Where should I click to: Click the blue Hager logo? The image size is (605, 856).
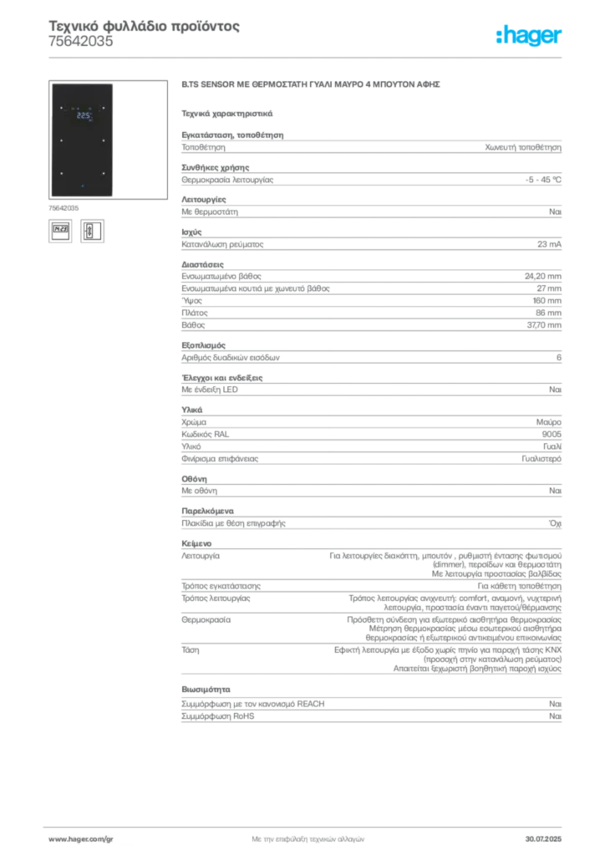[530, 37]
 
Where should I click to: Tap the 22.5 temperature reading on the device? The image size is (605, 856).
[84, 116]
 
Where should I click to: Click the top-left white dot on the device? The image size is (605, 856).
[61, 108]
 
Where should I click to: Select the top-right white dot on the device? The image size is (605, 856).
[103, 108]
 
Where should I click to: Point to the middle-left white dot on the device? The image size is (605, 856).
[61, 140]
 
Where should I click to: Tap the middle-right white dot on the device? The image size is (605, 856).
[103, 140]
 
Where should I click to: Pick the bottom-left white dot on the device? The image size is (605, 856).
[61, 173]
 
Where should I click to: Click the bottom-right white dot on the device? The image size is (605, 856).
[103, 173]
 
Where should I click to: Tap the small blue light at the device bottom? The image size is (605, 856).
[82, 184]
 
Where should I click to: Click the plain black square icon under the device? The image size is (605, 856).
[59, 231]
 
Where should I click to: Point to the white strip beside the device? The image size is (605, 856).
[117, 121]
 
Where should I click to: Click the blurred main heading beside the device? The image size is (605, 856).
[310, 85]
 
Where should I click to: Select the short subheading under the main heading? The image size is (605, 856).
[227, 113]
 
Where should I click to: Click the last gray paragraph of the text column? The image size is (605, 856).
[370, 707]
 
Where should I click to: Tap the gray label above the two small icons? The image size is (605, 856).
[64, 207]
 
